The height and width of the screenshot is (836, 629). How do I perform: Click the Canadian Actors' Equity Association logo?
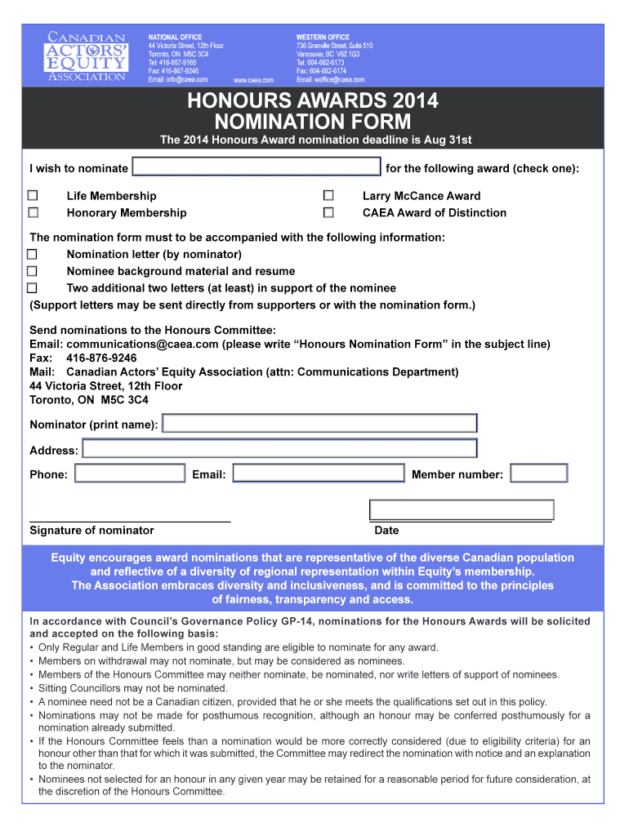coord(87,57)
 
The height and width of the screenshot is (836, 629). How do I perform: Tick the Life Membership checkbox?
coord(33,196)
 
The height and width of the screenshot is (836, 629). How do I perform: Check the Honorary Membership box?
coord(33,213)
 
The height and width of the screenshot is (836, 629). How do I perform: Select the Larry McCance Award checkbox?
coord(328,196)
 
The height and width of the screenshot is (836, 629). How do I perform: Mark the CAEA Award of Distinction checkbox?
coord(328,213)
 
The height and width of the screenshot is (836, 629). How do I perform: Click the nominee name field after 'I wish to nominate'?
coord(257,168)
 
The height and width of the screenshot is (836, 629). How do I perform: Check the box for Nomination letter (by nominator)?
coord(33,254)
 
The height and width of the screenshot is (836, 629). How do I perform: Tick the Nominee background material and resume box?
coord(33,271)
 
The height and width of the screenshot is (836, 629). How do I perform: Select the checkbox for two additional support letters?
coord(33,288)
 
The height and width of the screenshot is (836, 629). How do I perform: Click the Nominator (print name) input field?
coord(319,424)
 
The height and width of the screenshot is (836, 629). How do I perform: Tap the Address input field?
coord(279,449)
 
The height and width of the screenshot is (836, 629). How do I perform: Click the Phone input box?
coord(130,474)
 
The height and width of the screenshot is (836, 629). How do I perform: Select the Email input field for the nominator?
coord(319,474)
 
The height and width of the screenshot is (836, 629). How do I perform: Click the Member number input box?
coord(538,474)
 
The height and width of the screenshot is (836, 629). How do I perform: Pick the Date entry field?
coord(462,510)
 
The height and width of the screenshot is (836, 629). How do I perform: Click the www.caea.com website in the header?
coord(253,80)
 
